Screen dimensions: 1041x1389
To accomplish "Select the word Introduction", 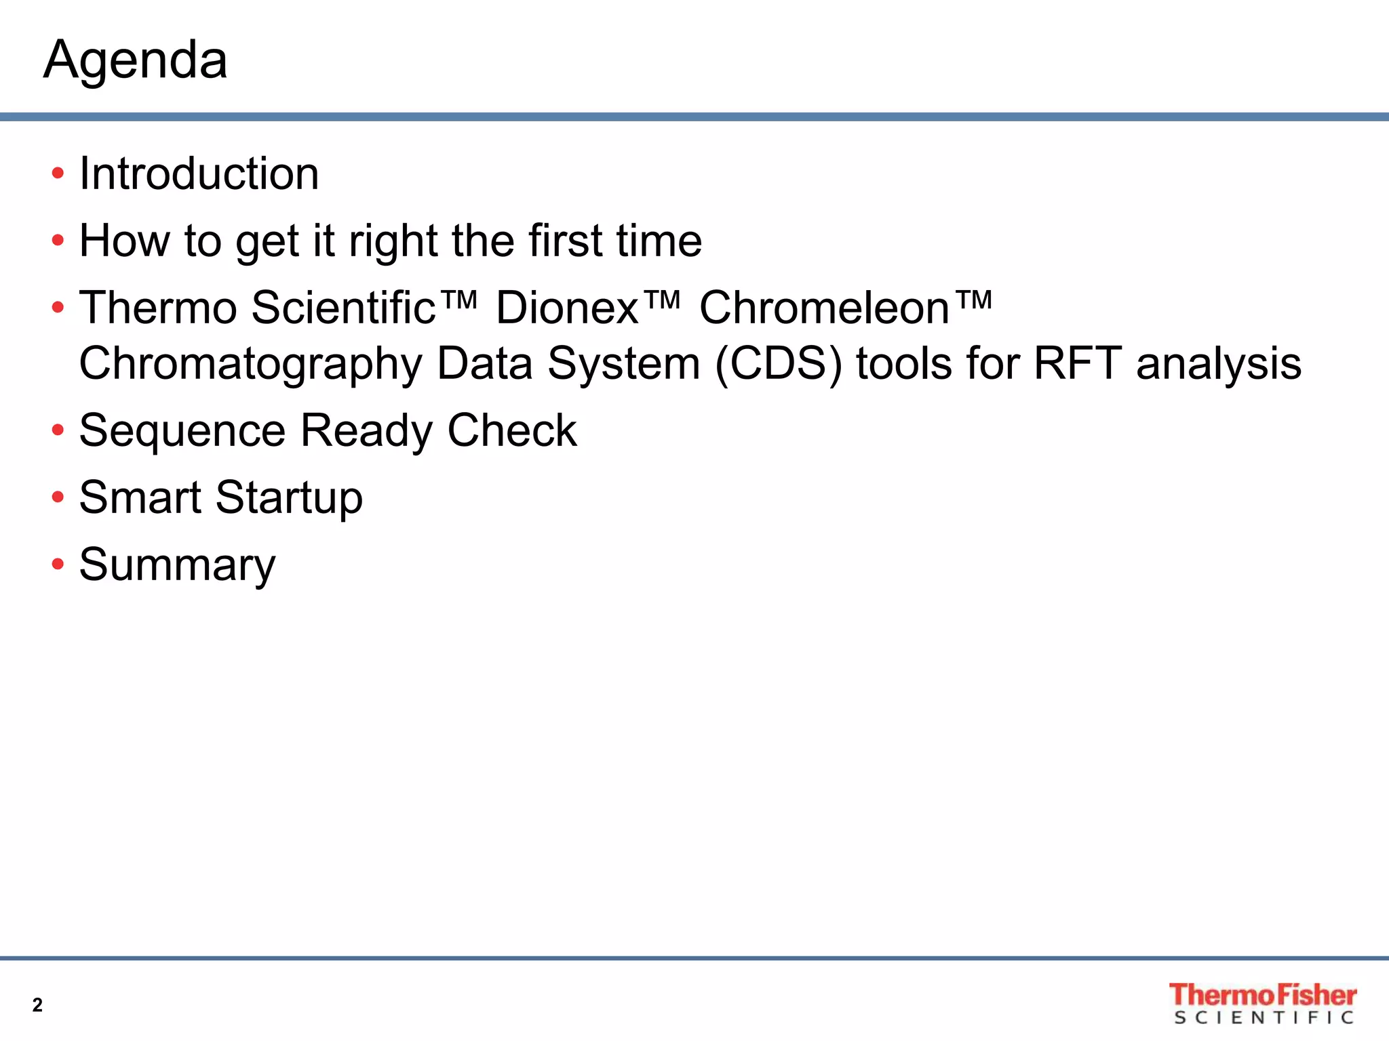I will click(199, 173).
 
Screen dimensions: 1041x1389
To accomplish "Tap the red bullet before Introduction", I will click(58, 173).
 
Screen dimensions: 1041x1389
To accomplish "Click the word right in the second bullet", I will click(393, 241).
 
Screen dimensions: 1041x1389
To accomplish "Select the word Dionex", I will click(568, 308).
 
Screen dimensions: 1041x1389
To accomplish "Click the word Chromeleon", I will click(824, 308).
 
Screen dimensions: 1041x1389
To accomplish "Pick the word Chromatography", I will click(250, 364).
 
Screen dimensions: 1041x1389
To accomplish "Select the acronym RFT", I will click(1078, 364).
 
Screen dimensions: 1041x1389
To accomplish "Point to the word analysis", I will click(1219, 364).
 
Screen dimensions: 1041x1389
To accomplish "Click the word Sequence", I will click(182, 430).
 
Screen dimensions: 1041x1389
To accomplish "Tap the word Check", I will click(512, 430).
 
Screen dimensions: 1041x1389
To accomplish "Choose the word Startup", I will click(289, 497).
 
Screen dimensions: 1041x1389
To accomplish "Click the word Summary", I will click(178, 565).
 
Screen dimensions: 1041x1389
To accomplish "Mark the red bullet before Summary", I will click(58, 564).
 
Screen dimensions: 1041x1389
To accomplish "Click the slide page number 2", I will click(37, 1004).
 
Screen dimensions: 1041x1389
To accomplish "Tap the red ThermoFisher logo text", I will click(1262, 995).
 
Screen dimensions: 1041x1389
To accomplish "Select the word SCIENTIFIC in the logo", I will click(1264, 1018).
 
